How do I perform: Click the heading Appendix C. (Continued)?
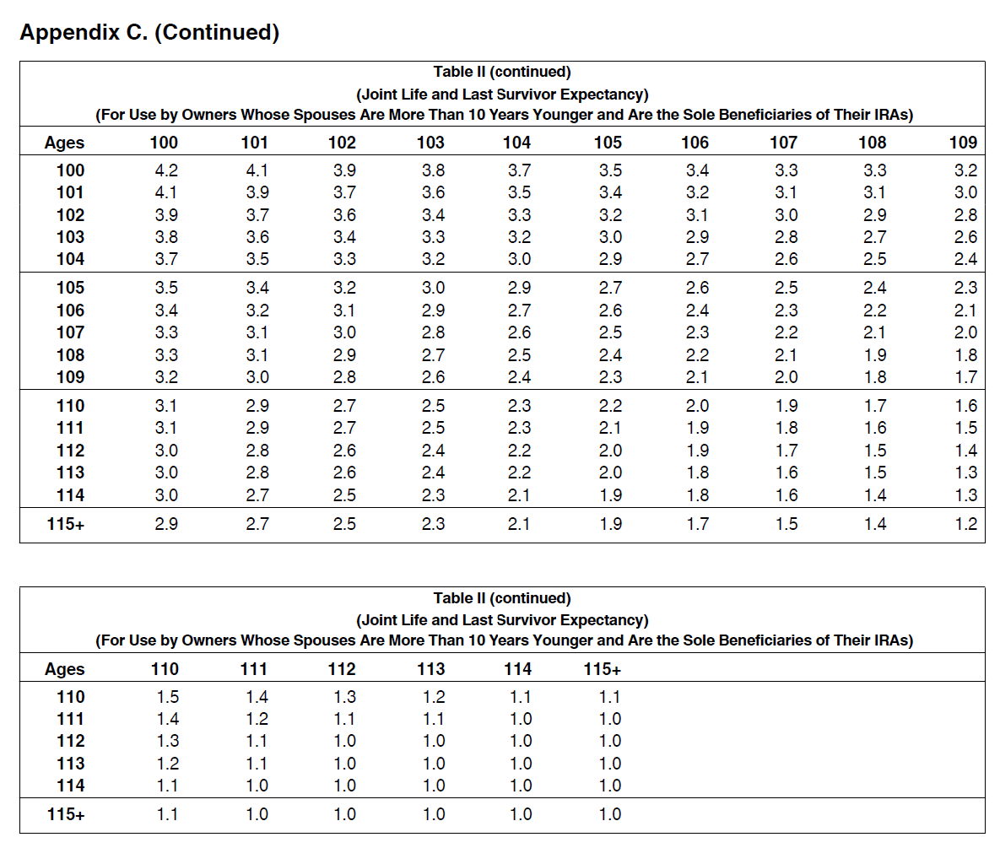pos(150,32)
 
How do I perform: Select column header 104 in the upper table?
pos(516,143)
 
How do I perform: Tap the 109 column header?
pos(963,143)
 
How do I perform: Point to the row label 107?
pos(70,332)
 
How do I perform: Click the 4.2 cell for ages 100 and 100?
pos(166,170)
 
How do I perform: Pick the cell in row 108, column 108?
pos(875,355)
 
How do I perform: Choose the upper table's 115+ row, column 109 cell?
pos(966,524)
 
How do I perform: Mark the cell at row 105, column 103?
pos(433,288)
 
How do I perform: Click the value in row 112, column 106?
pos(698,451)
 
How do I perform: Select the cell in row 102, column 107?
pos(786,215)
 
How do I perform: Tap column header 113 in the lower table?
pos(431,669)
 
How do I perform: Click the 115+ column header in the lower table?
pos(602,669)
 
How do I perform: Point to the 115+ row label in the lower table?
pos(66,814)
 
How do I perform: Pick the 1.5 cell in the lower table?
pos(168,697)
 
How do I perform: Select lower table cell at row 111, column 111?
pos(257,719)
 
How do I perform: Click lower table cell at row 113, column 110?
pos(168,764)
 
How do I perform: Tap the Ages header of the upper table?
pos(64,143)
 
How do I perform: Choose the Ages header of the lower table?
pos(64,669)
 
